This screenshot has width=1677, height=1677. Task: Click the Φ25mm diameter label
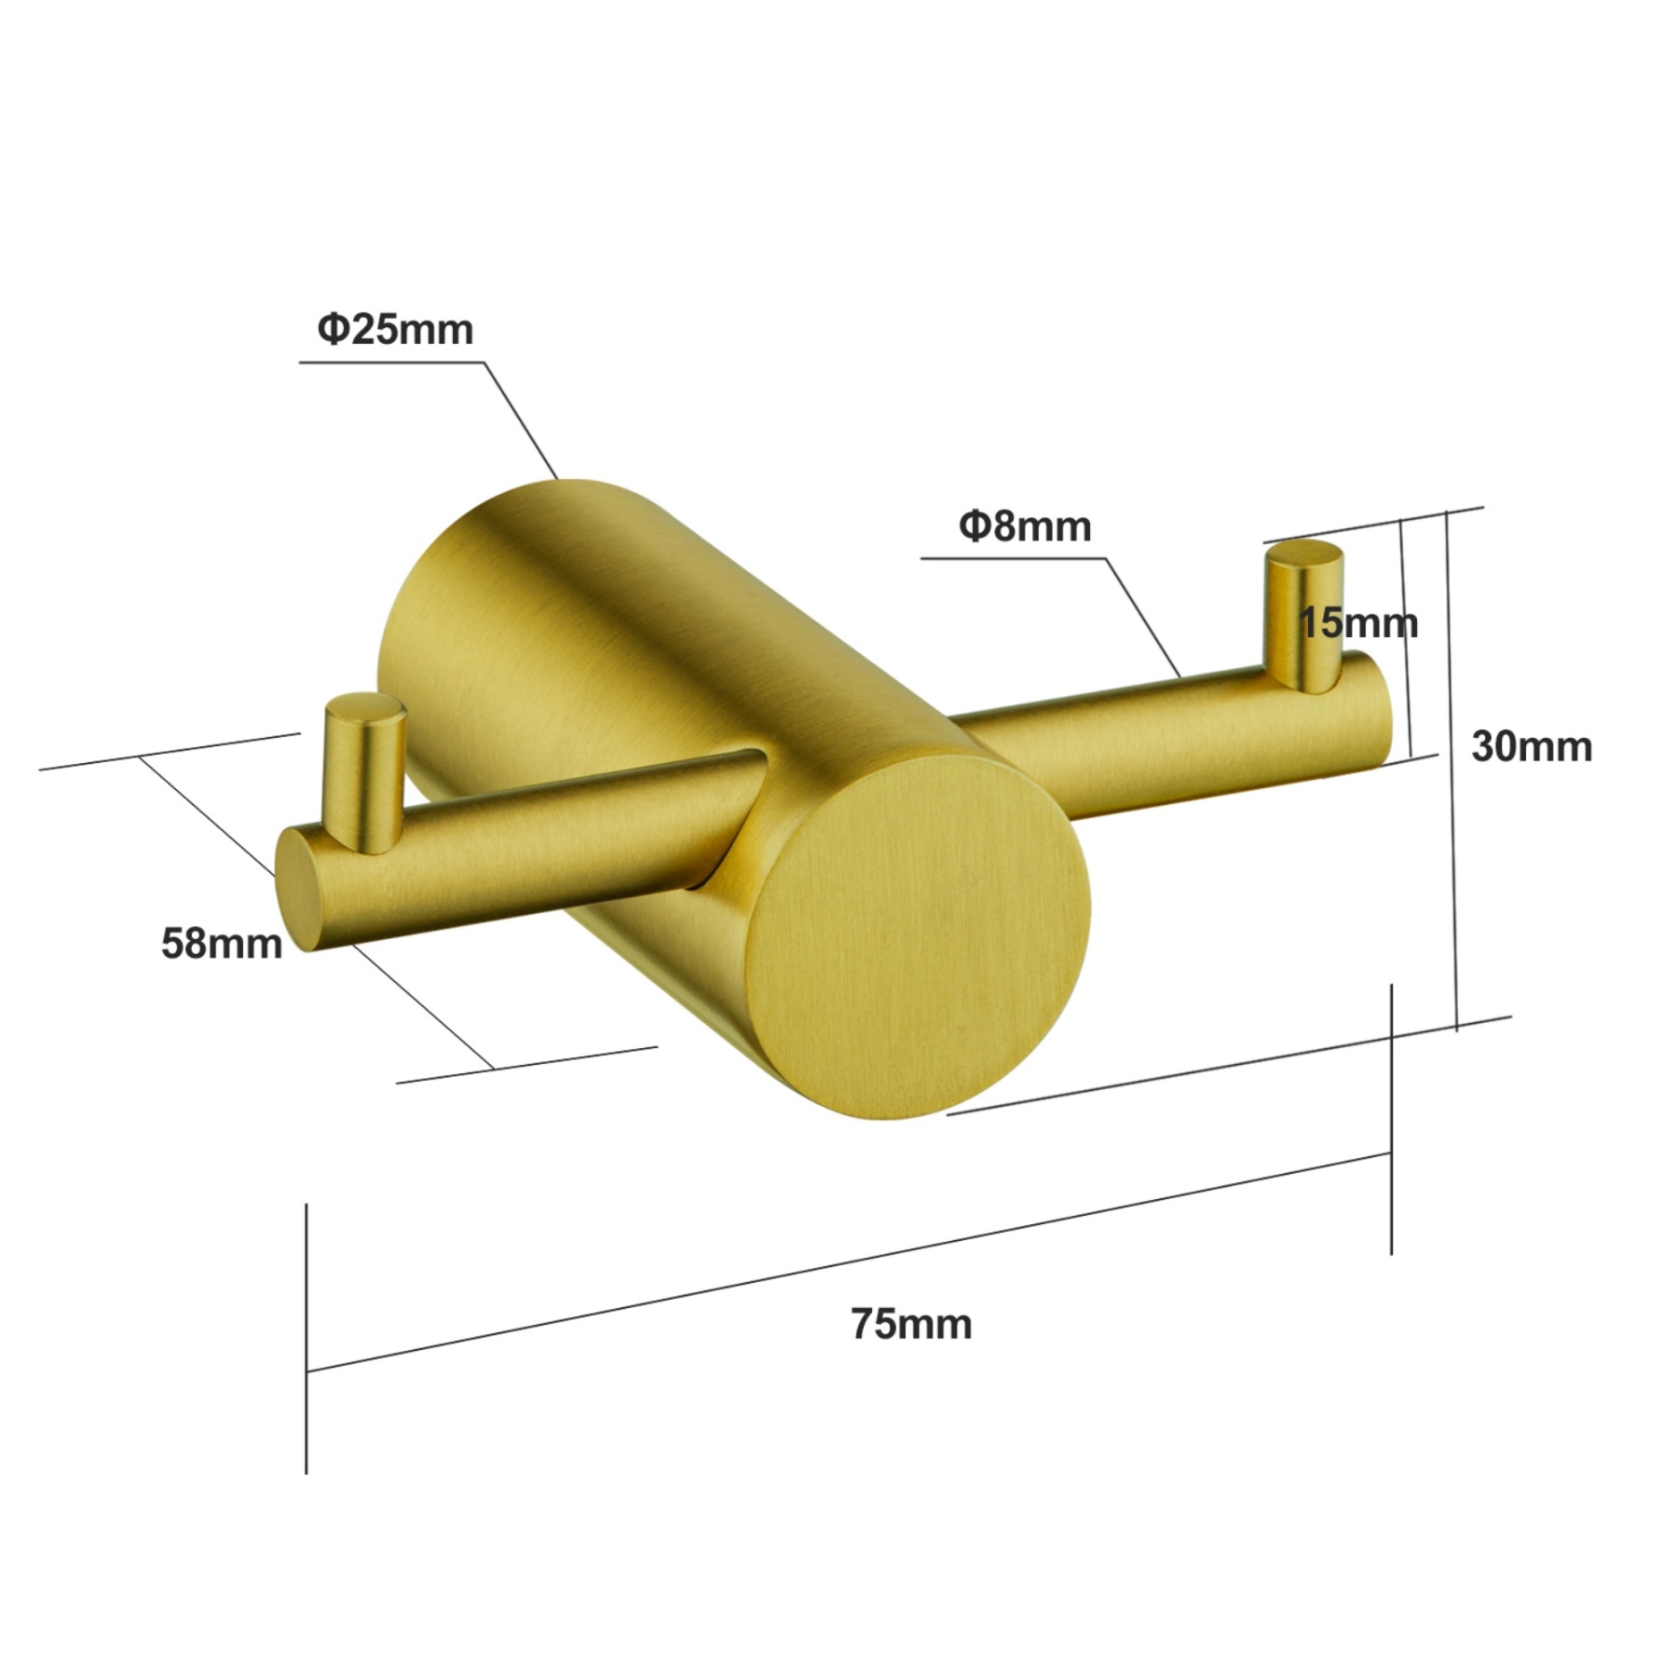pos(395,330)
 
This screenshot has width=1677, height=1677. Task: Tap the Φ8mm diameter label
pos(1025,527)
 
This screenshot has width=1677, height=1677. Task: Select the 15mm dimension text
pos(1358,622)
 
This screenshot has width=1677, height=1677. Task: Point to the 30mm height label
pos(1531,746)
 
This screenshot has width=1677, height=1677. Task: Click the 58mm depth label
pos(222,944)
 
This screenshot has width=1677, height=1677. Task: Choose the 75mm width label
pos(910,1324)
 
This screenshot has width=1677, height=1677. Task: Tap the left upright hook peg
pos(365,771)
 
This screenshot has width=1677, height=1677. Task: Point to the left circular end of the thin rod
pos(296,890)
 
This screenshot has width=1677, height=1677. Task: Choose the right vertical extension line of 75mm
pos(1391,1118)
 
